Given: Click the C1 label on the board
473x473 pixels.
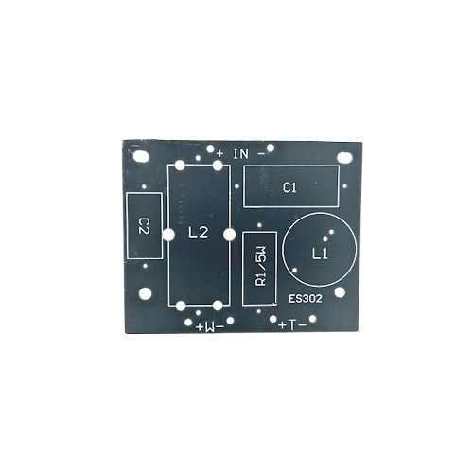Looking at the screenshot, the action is tap(289, 188).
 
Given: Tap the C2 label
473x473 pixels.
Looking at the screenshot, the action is tap(144, 226).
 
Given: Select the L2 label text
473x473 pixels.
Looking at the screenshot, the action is tap(198, 234).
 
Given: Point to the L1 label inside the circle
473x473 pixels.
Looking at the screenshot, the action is tap(320, 254).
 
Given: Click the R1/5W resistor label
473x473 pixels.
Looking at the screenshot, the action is tap(261, 267).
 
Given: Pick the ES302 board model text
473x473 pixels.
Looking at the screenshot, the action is tap(306, 299).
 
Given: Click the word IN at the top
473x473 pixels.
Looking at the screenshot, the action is tap(240, 154).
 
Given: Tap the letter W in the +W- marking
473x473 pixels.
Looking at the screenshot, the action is tap(210, 327).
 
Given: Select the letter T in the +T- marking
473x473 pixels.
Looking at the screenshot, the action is tap(292, 325).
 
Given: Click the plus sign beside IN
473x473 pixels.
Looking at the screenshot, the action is tap(220, 154).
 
